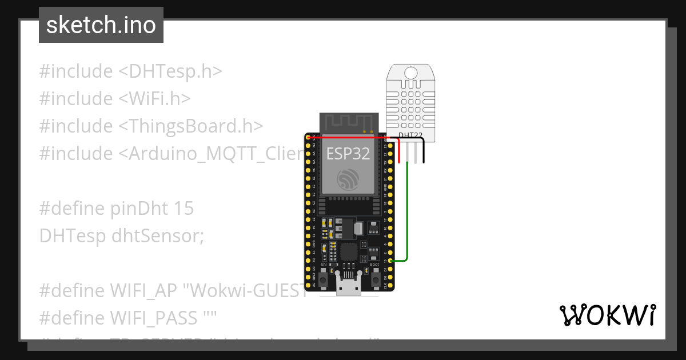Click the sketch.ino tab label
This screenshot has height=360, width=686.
101,25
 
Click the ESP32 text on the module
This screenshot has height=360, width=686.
348,153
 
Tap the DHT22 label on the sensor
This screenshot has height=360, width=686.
410,135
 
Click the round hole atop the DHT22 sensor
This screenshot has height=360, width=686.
410,73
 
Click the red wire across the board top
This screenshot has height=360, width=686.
349,137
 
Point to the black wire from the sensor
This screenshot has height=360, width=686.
424,153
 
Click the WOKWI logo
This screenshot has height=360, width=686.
607,315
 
